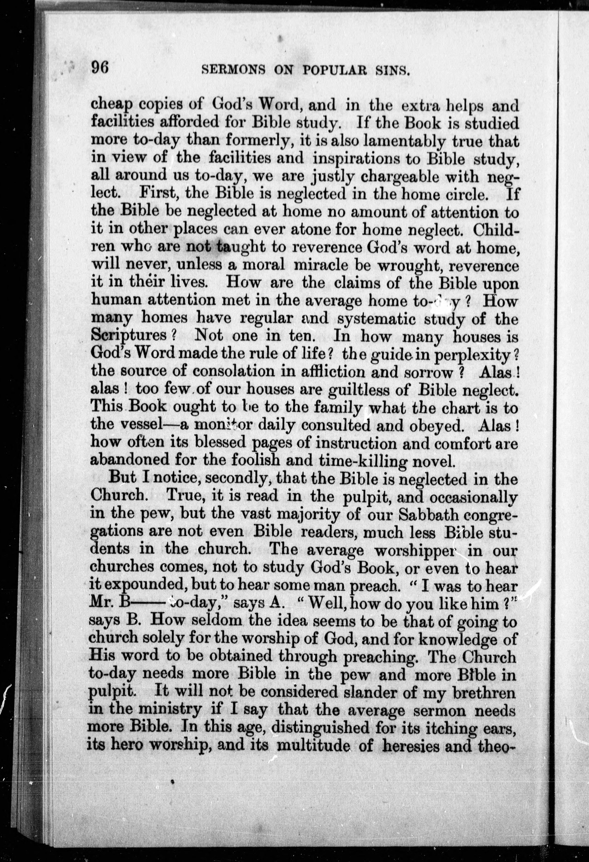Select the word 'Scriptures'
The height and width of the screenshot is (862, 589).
coord(128,336)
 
